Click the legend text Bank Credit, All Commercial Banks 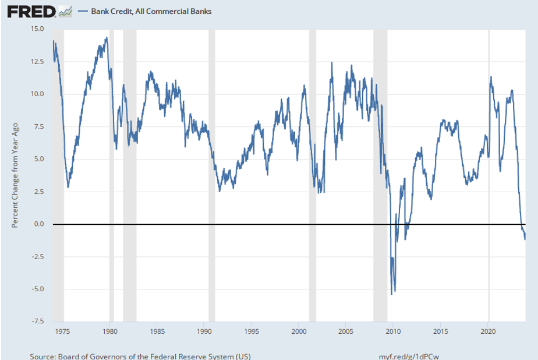coord(151,12)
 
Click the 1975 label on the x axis coord(63,331)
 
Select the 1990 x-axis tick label coord(204,331)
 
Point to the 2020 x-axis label coord(488,331)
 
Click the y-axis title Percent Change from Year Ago coord(16,175)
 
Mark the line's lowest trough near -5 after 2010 coord(391,294)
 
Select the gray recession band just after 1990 coord(211,175)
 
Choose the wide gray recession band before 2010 coord(380,175)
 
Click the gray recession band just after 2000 coord(312,175)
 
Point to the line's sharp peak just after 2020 coord(491,76)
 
